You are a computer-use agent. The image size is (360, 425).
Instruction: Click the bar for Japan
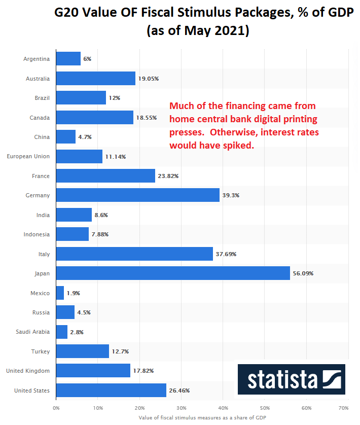coord(172,273)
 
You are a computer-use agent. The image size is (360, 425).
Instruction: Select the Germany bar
coord(137,195)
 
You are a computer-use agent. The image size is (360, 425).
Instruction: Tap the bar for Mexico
coord(60,293)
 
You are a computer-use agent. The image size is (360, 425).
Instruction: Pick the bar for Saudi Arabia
coord(61,332)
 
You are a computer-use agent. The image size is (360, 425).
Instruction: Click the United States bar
coord(111,391)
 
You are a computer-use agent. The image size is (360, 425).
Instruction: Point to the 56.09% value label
coord(303,273)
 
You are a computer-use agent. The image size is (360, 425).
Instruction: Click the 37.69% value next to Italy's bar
coord(226,254)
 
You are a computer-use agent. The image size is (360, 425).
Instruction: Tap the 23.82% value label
coord(168,176)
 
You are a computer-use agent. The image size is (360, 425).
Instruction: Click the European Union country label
coord(28,156)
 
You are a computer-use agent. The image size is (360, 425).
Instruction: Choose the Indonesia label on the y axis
coord(37,234)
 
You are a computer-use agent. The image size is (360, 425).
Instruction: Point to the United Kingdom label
coord(28,371)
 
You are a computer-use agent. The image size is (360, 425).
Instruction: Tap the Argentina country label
coord(37,59)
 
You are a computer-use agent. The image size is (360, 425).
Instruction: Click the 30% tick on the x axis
coord(182,407)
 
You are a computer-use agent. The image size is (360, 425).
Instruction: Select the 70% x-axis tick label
coord(343,407)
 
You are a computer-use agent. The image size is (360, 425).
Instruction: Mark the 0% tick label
coord(56,407)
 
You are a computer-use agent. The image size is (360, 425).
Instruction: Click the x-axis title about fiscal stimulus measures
coord(202,418)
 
